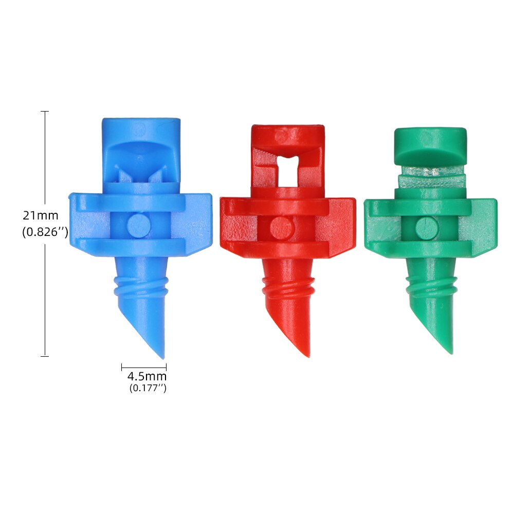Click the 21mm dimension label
coord(40,215)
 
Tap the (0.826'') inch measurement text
coord(45,232)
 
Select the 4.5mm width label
coord(147,377)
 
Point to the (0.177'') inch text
coord(148,388)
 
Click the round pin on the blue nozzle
coord(137,225)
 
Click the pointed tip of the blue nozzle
coord(162,356)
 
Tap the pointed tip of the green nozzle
coord(450,352)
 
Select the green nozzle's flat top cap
coord(430,145)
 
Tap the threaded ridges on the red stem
coord(287,288)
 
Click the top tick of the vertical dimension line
coord(45,111)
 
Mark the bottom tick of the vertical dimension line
coord(45,356)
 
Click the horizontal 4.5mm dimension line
coord(144,367)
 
